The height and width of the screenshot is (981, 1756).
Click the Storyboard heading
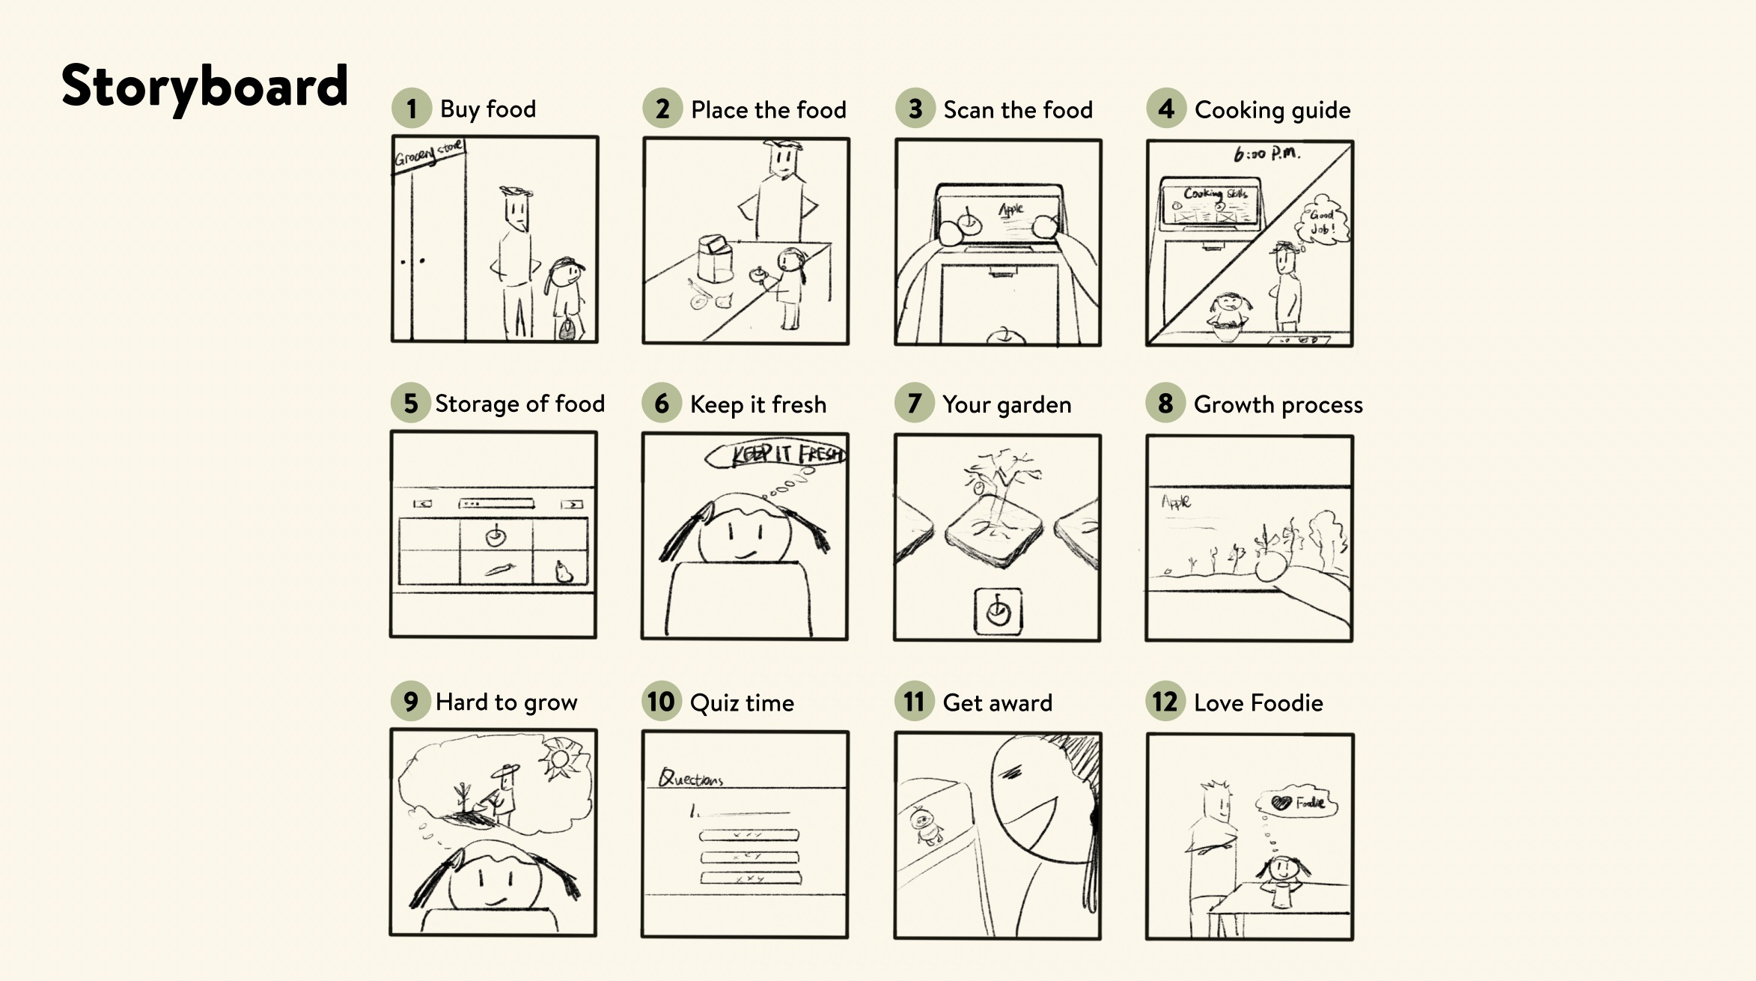pyautogui.click(x=204, y=86)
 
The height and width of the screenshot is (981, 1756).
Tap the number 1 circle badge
pyautogui.click(x=411, y=109)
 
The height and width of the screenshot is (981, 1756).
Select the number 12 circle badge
pyautogui.click(x=1165, y=702)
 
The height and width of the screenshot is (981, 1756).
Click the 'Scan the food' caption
pyautogui.click(x=1017, y=110)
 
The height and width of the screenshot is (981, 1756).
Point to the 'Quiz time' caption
pyautogui.click(x=741, y=702)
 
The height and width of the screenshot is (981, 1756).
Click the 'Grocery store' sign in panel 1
pyautogui.click(x=429, y=154)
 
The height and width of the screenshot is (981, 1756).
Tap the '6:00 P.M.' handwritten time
pyautogui.click(x=1266, y=154)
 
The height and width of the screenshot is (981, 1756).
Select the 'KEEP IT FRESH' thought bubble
pyautogui.click(x=778, y=454)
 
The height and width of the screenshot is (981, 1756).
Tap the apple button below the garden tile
pyautogui.click(x=998, y=612)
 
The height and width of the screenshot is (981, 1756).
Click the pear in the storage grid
pyautogui.click(x=563, y=571)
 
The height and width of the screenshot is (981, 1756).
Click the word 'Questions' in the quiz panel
pyautogui.click(x=691, y=778)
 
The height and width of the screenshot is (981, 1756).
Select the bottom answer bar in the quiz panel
pyautogui.click(x=750, y=878)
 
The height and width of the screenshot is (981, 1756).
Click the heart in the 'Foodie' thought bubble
pyautogui.click(x=1281, y=803)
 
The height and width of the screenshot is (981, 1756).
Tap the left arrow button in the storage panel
pyautogui.click(x=423, y=504)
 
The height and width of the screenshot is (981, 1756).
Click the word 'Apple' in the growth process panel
pyautogui.click(x=1176, y=501)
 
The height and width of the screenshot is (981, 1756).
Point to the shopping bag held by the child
pyautogui.click(x=567, y=328)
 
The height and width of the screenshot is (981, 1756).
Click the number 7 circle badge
pyautogui.click(x=914, y=404)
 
